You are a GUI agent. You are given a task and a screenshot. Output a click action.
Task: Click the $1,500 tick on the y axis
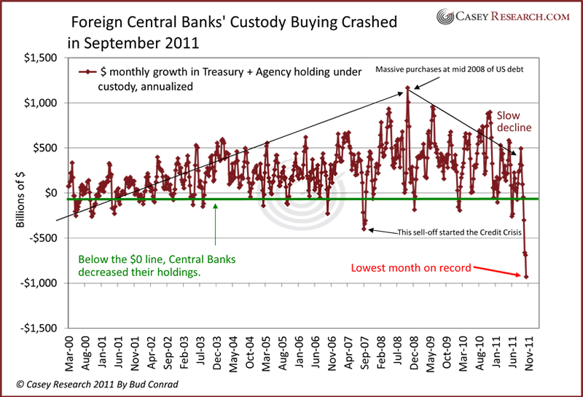(43, 58)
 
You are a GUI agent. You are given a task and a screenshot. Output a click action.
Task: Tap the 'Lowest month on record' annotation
(411, 267)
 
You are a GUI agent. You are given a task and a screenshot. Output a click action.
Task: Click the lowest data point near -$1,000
(526, 276)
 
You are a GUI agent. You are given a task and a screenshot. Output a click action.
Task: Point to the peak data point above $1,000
(408, 89)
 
